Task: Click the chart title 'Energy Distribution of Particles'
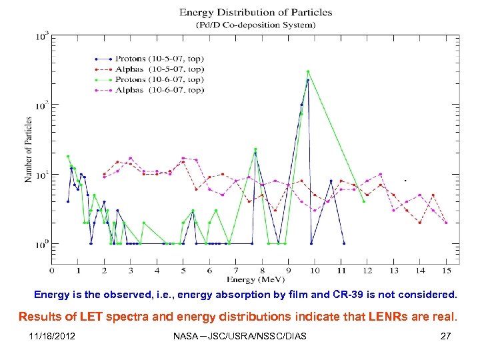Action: (247, 13)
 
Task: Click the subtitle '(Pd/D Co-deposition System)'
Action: (247, 25)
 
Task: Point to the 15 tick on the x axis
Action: (446, 271)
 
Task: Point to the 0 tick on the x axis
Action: (52, 271)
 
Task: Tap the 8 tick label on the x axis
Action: (263, 271)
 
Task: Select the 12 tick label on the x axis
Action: (367, 271)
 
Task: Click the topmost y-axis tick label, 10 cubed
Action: (41, 36)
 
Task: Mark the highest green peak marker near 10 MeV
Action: (307, 71)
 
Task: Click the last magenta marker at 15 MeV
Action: (446, 223)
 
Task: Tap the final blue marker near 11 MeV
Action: (343, 243)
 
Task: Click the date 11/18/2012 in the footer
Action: (52, 336)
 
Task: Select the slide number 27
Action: (445, 336)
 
